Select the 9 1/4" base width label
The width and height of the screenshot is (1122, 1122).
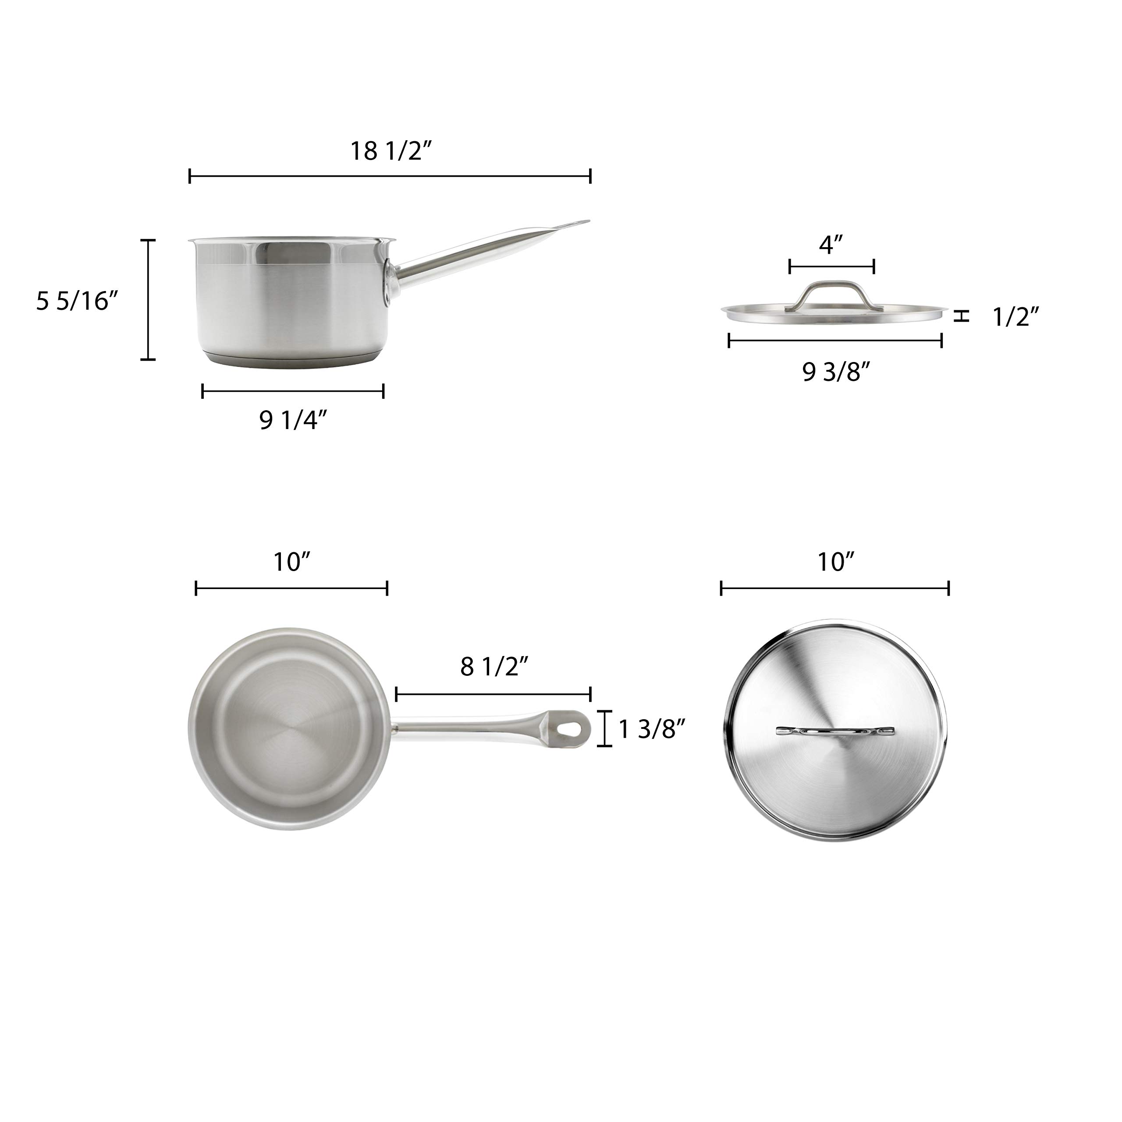tap(293, 420)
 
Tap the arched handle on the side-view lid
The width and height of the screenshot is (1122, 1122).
tap(831, 294)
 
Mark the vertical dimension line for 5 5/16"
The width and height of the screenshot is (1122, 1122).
tap(149, 300)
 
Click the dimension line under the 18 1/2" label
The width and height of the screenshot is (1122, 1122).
tap(390, 176)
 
